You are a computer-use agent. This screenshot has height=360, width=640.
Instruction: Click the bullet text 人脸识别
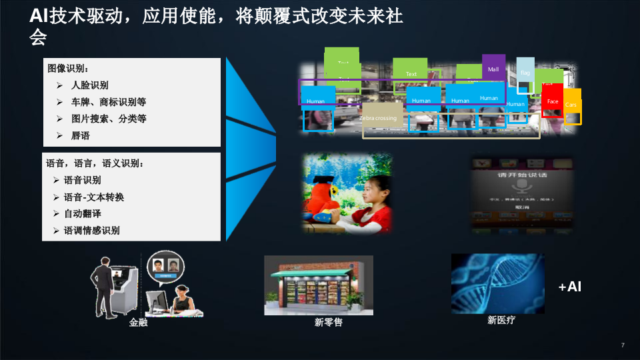tap(90, 85)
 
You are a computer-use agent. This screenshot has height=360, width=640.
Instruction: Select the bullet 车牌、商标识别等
tap(109, 102)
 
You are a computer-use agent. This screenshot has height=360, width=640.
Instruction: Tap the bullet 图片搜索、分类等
tap(109, 119)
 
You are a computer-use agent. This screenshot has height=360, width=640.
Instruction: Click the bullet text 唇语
tap(81, 135)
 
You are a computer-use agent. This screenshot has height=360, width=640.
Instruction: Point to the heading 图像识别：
tap(68, 68)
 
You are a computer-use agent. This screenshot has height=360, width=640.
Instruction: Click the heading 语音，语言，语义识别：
tap(95, 163)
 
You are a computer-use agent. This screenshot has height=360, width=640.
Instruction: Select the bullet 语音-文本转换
tap(94, 197)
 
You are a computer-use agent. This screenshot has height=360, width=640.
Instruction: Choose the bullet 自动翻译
tap(83, 214)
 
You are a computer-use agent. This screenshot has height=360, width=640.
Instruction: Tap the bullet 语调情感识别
tap(92, 231)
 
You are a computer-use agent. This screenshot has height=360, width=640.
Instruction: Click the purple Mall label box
tap(493, 68)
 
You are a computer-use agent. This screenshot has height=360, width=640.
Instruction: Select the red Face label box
tap(553, 101)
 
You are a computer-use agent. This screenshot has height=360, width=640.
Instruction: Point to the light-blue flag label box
tap(525, 70)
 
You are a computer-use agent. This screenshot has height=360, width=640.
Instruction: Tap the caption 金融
tap(138, 323)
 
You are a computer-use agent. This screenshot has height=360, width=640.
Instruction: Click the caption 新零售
tap(329, 323)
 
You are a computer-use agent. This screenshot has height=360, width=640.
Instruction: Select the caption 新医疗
tap(501, 321)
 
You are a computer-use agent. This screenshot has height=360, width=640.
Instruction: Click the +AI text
tap(570, 287)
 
